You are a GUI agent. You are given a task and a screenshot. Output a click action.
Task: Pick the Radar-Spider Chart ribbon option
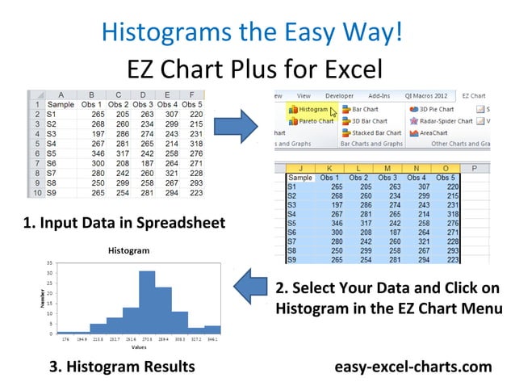[447, 121]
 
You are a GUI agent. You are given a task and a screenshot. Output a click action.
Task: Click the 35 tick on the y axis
[49, 263]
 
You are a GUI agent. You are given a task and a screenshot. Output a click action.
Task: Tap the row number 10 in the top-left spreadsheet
[36, 193]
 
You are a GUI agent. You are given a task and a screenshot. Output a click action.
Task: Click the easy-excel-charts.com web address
[413, 367]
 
